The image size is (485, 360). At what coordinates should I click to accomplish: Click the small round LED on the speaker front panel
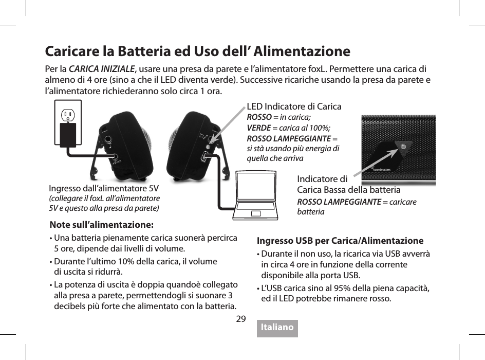pyautogui.click(x=403, y=146)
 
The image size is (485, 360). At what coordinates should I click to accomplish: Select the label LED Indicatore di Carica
pyautogui.click(x=294, y=106)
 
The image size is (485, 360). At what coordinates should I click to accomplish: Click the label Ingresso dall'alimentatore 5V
pyautogui.click(x=103, y=188)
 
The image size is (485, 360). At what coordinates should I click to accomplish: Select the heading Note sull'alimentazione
pyautogui.click(x=101, y=225)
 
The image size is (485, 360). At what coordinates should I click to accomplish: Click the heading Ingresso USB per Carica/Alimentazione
pyautogui.click(x=340, y=240)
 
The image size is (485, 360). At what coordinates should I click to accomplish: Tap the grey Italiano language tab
pyautogui.click(x=277, y=328)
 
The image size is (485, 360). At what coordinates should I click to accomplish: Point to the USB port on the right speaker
pyautogui.click(x=206, y=156)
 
